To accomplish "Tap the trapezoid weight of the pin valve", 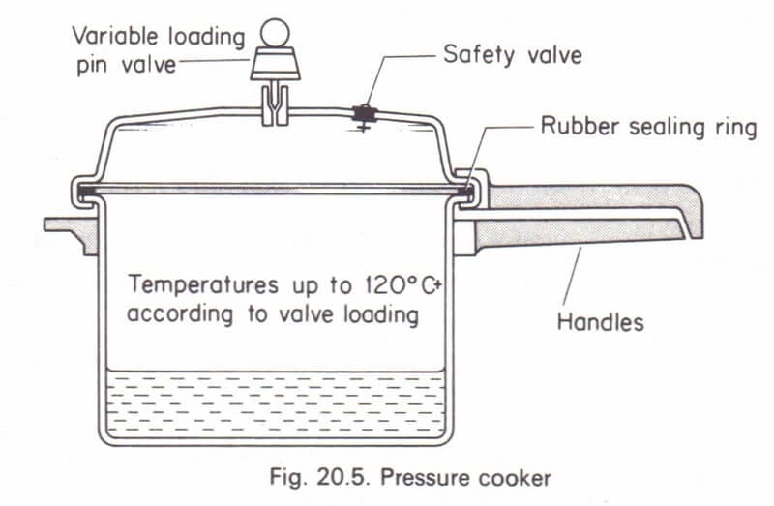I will point(277,66).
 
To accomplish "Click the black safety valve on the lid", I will point(366,115).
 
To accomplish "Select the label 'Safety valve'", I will point(513,54).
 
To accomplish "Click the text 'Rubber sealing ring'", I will point(649,128).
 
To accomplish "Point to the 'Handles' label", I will point(600,321).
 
